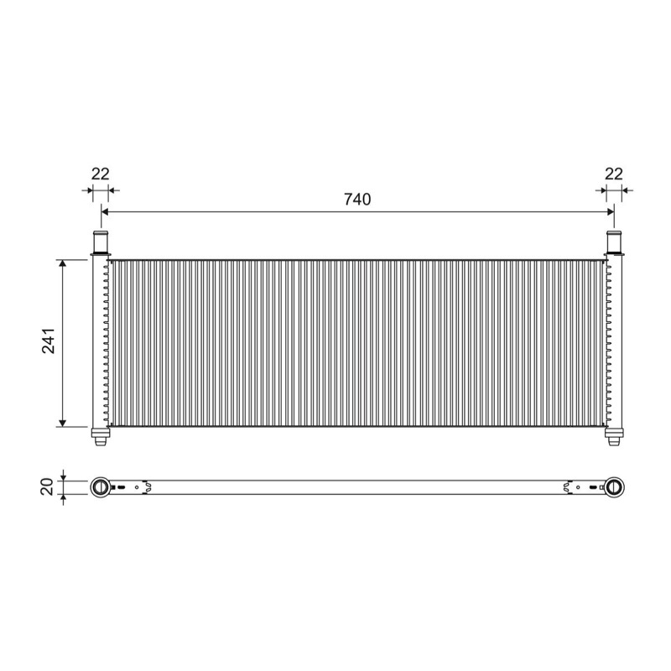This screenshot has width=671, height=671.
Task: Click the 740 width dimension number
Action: point(357,200)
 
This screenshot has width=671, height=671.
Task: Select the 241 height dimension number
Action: point(49,341)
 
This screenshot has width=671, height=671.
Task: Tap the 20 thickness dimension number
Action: point(47,487)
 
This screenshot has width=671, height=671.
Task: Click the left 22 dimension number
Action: point(101,174)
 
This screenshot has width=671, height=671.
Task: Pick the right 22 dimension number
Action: point(614,174)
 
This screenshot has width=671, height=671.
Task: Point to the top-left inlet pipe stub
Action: point(101,242)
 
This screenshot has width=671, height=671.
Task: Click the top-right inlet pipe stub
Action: point(614,242)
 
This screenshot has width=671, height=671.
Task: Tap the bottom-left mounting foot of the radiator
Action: point(101,437)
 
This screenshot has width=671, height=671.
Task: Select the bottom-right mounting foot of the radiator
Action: point(614,437)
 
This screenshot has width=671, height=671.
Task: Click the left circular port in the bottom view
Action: point(101,487)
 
